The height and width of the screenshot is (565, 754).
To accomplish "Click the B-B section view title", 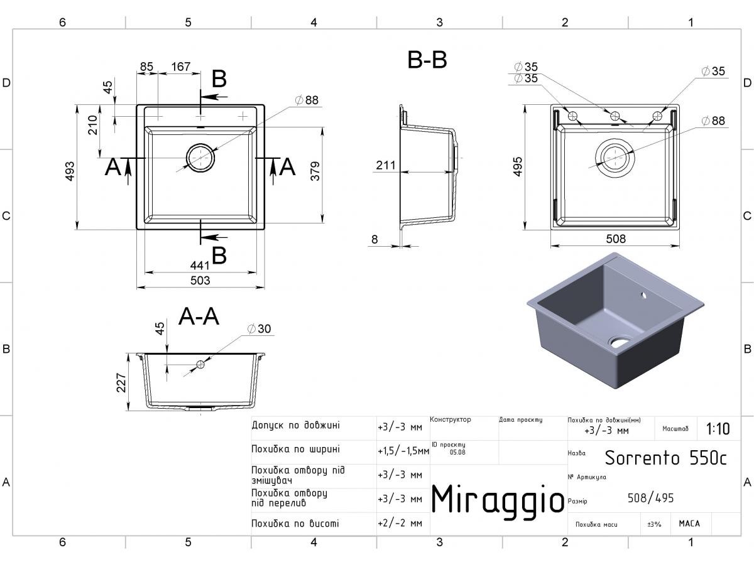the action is (x=427, y=60).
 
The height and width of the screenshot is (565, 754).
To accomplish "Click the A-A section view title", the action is (x=199, y=316).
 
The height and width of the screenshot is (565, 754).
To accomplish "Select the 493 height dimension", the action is (x=69, y=171).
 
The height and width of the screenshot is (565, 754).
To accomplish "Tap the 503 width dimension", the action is (x=200, y=280).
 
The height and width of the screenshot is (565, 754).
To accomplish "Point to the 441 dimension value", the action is (x=200, y=265).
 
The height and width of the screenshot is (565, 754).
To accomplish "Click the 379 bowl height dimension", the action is (x=315, y=171).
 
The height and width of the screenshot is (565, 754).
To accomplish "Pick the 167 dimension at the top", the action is (x=181, y=66).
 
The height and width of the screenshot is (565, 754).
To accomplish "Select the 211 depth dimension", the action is (x=386, y=165).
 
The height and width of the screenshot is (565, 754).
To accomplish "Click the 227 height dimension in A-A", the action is (x=121, y=382).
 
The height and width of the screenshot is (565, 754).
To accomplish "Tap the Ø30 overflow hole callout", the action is (x=260, y=328).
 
